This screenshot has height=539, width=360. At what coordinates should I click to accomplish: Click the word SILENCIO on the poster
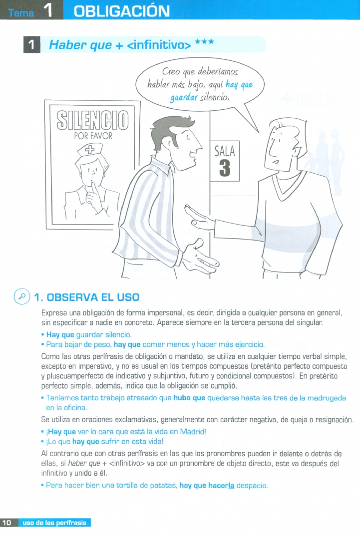pyautogui.click(x=93, y=120)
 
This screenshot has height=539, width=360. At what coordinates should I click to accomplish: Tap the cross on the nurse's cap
pyautogui.click(x=90, y=149)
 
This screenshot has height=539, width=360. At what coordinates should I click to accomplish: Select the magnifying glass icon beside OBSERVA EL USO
pyautogui.click(x=22, y=296)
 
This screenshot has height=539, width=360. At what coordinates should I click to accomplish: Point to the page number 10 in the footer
pyautogui.click(x=7, y=523)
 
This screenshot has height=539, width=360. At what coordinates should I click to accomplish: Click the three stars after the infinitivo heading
pyautogui.click(x=204, y=42)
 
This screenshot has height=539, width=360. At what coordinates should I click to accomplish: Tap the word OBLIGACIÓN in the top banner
pyautogui.click(x=122, y=11)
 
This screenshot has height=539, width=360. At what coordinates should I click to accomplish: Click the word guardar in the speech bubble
pyautogui.click(x=184, y=98)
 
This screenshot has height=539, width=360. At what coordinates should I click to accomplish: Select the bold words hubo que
pyautogui.click(x=189, y=398)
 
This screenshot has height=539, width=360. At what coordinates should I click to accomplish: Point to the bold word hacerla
pyautogui.click(x=221, y=486)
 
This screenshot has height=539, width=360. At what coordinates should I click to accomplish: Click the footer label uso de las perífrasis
pyautogui.click(x=54, y=523)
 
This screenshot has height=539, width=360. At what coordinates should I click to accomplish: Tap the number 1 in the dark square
pyautogui.click(x=31, y=45)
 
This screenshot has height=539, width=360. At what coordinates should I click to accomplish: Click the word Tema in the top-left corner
pyautogui.click(x=21, y=13)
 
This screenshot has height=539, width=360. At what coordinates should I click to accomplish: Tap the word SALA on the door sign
pyautogui.click(x=225, y=151)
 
